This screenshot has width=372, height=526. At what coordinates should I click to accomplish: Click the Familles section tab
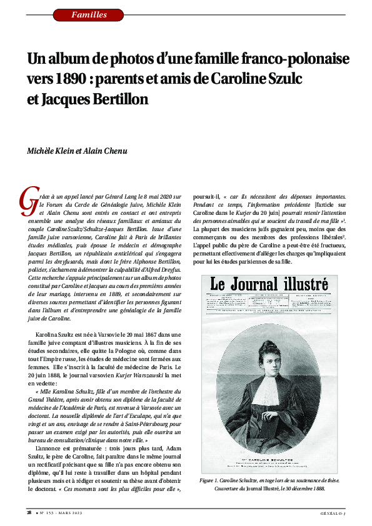(x=89, y=14)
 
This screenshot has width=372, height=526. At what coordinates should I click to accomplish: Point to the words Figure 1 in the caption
(x=209, y=480)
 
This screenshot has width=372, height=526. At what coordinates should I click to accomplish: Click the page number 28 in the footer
(x=29, y=513)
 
